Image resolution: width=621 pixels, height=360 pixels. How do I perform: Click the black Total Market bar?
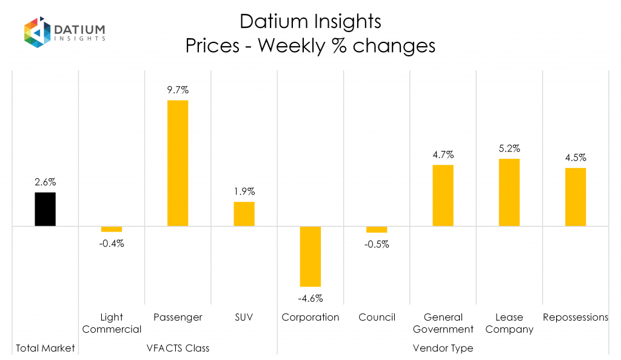45,209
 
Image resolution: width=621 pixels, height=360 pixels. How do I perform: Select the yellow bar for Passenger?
178,163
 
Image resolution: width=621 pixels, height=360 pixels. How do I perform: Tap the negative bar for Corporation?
310,256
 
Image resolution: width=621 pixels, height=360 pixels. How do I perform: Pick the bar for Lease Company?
509,192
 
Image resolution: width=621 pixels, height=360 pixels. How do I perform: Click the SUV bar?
244,214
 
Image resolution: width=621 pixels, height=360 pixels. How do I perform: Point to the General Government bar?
443,195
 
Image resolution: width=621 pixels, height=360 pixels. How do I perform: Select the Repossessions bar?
576,197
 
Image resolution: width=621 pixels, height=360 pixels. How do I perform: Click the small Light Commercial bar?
112,229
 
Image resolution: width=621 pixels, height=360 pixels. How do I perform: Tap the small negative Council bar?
377,230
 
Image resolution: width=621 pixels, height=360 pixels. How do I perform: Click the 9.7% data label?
178,90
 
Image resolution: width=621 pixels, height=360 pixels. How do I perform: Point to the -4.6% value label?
310,298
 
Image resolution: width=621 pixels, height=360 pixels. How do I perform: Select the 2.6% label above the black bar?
45,182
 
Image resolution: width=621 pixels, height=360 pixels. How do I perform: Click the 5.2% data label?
509,148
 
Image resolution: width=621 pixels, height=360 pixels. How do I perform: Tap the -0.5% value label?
377,244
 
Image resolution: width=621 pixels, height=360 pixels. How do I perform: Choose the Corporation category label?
310,318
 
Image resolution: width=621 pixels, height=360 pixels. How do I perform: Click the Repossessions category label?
576,318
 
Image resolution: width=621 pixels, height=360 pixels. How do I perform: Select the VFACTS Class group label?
178,348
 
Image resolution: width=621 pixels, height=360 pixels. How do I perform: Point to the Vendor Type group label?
443,348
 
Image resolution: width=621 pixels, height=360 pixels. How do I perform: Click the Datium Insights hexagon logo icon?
37,32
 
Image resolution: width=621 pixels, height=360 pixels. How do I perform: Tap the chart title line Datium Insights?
310,22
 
